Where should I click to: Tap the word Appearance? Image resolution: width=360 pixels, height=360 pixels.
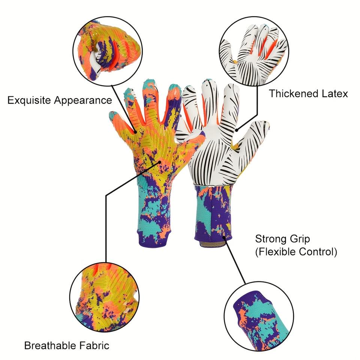(x=83, y=100)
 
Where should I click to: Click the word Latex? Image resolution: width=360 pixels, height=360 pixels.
(x=334, y=93)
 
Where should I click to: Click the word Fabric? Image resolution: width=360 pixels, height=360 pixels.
(x=96, y=345)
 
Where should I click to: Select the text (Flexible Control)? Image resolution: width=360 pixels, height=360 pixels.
(x=296, y=252)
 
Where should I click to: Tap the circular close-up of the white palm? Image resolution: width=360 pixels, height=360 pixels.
(x=254, y=52)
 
